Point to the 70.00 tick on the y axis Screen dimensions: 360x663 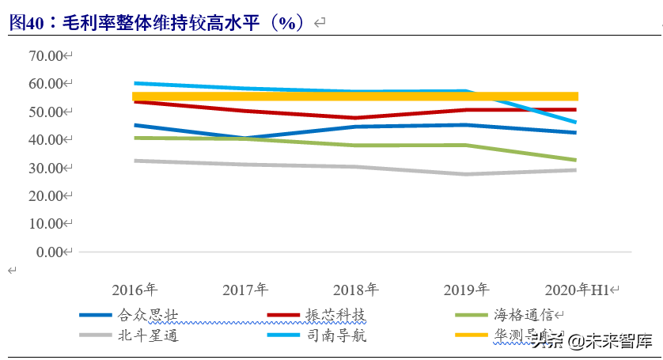tap(45, 55)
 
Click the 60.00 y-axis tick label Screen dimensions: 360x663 tap(45, 84)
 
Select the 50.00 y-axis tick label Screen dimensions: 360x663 tap(45, 112)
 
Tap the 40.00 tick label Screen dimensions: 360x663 tap(45, 140)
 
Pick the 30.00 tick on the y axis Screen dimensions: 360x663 tap(45, 168)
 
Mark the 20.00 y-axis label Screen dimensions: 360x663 tap(45, 196)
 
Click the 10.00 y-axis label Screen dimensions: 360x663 tap(45, 224)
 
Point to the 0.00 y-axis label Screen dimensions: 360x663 tap(48, 252)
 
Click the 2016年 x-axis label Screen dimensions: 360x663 tap(134, 289)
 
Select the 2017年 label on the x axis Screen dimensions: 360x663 tap(244, 289)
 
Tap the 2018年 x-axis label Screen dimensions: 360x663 tap(355, 289)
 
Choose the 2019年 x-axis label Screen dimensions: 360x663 tap(465, 289)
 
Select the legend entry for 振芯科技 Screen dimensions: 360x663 tap(335, 315)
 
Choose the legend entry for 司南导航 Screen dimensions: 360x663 tap(335, 335)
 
